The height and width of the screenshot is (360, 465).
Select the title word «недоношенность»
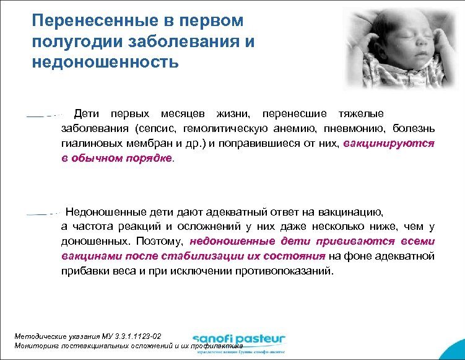click(x=105, y=62)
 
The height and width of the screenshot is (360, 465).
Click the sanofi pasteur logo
click(x=238, y=340)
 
